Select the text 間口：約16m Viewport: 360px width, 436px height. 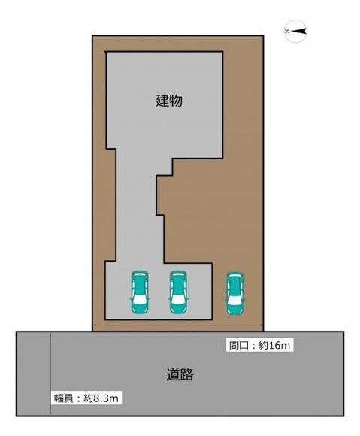[x=259, y=346]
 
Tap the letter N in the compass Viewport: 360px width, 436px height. [x=287, y=30]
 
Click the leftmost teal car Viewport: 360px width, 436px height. [x=140, y=291]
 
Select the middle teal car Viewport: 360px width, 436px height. [x=177, y=291]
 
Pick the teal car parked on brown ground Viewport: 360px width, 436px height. [x=234, y=292]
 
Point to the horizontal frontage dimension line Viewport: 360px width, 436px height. [x=177, y=326]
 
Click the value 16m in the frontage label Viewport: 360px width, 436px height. [x=280, y=346]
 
